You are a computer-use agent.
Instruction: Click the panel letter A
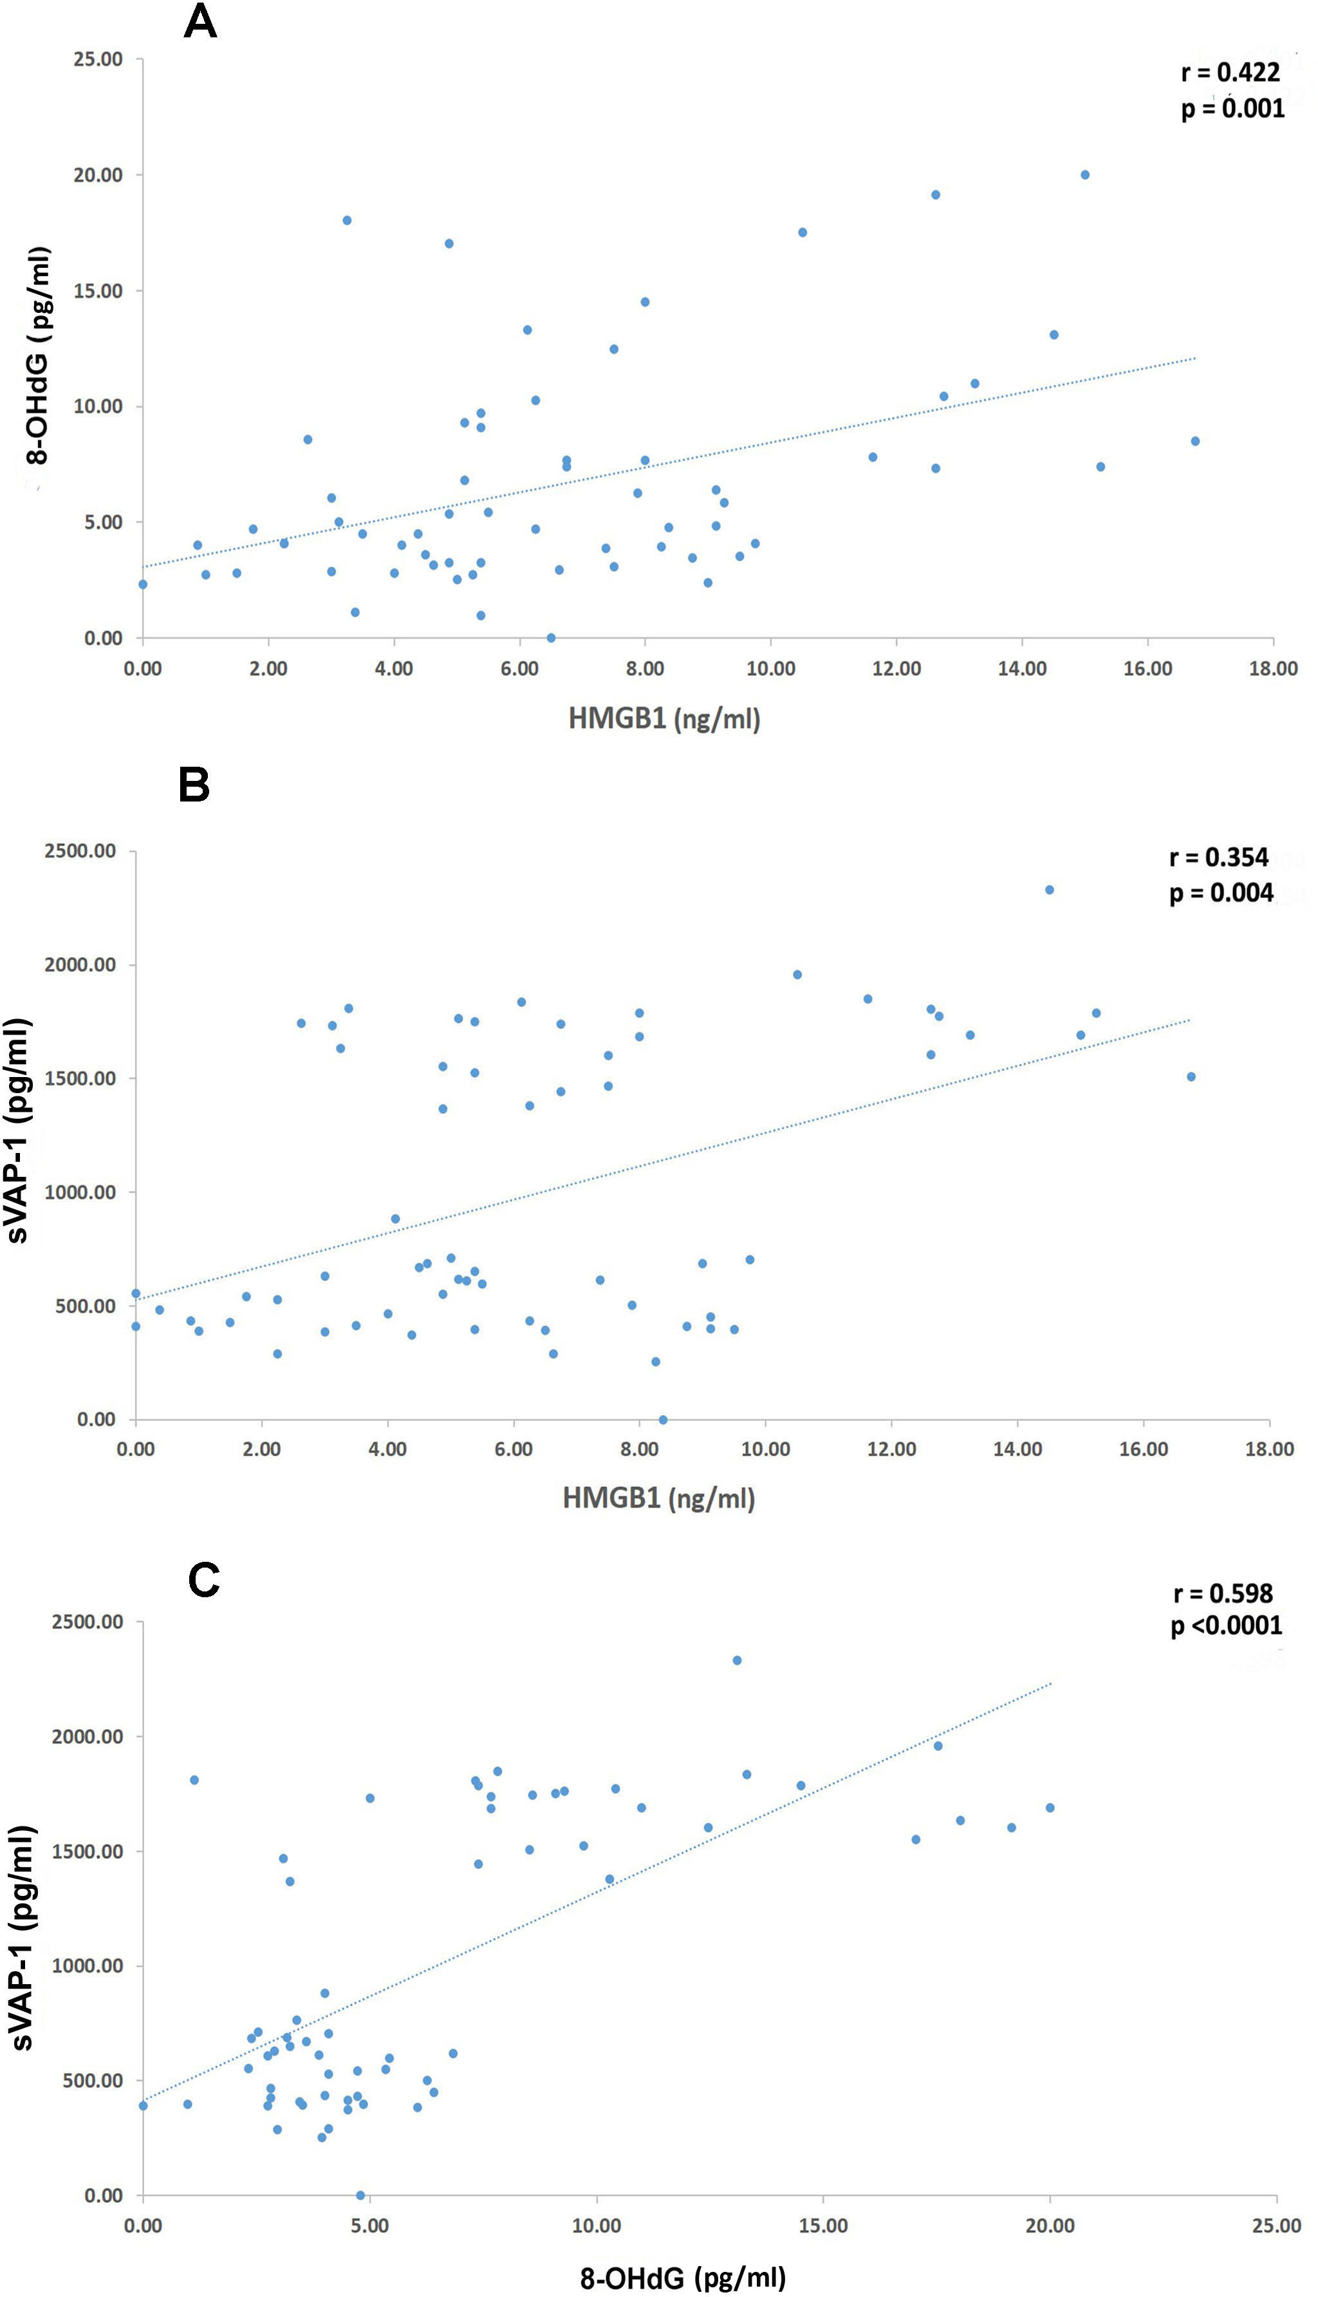coord(200,22)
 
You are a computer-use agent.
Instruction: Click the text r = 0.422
coord(1230,73)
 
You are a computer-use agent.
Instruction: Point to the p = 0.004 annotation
coord(1221,893)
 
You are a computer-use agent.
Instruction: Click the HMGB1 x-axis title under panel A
coord(664,719)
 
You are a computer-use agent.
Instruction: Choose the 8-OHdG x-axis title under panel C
coord(683,2277)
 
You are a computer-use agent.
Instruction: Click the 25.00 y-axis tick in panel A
coord(98,60)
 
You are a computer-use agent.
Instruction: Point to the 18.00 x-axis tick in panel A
coord(1273,669)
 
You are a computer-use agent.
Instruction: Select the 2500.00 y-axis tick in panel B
coord(80,851)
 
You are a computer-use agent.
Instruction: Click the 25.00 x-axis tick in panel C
coord(1276,2226)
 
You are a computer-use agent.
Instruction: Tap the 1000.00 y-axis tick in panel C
coord(87,1965)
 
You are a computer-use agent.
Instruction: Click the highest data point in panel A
coord(1084,174)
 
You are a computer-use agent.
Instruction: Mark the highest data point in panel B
coord(1049,890)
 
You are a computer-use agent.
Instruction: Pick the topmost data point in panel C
coord(737,1660)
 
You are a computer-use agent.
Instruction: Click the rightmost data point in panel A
coord(1195,441)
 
